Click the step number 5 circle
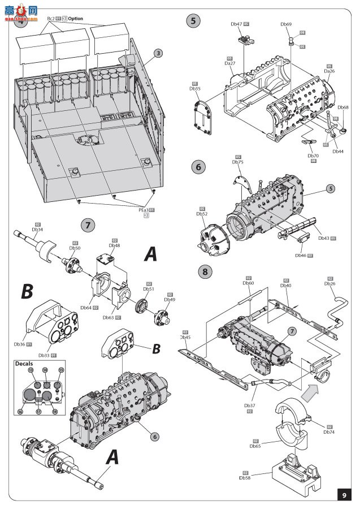[x=194, y=21]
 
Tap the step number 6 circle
[x=197, y=167]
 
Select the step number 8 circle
[x=206, y=272]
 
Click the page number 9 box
[x=345, y=495]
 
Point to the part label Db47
[x=236, y=24]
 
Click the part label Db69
[x=287, y=24]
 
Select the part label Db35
[x=195, y=89]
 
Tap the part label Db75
[x=238, y=162]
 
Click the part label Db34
[x=37, y=229]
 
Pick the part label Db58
[x=245, y=478]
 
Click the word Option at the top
[x=76, y=19]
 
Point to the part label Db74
[x=330, y=432]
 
